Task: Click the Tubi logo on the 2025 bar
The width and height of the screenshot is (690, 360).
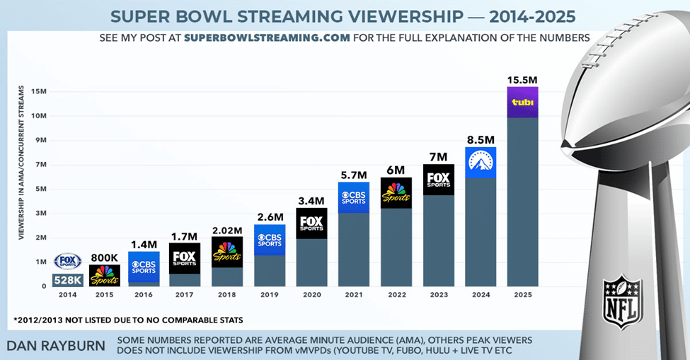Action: (x=523, y=103)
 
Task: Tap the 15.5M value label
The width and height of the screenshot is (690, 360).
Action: (x=523, y=79)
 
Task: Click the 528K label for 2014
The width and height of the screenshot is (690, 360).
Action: (x=67, y=279)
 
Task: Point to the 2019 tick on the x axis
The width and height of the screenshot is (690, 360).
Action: (x=268, y=294)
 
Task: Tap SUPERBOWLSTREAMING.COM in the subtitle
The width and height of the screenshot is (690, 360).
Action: (x=267, y=37)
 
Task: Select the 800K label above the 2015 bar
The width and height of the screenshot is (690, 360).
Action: (x=104, y=257)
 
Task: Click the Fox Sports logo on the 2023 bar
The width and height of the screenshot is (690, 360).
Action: (x=438, y=180)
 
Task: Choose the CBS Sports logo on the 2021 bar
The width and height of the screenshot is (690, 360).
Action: (x=353, y=197)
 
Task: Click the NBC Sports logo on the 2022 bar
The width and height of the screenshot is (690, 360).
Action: (x=396, y=192)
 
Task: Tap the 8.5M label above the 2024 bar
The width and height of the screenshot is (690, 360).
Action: (x=481, y=139)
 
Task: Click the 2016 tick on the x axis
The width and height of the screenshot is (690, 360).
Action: (x=144, y=294)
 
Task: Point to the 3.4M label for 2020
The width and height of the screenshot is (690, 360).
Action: (x=311, y=200)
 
